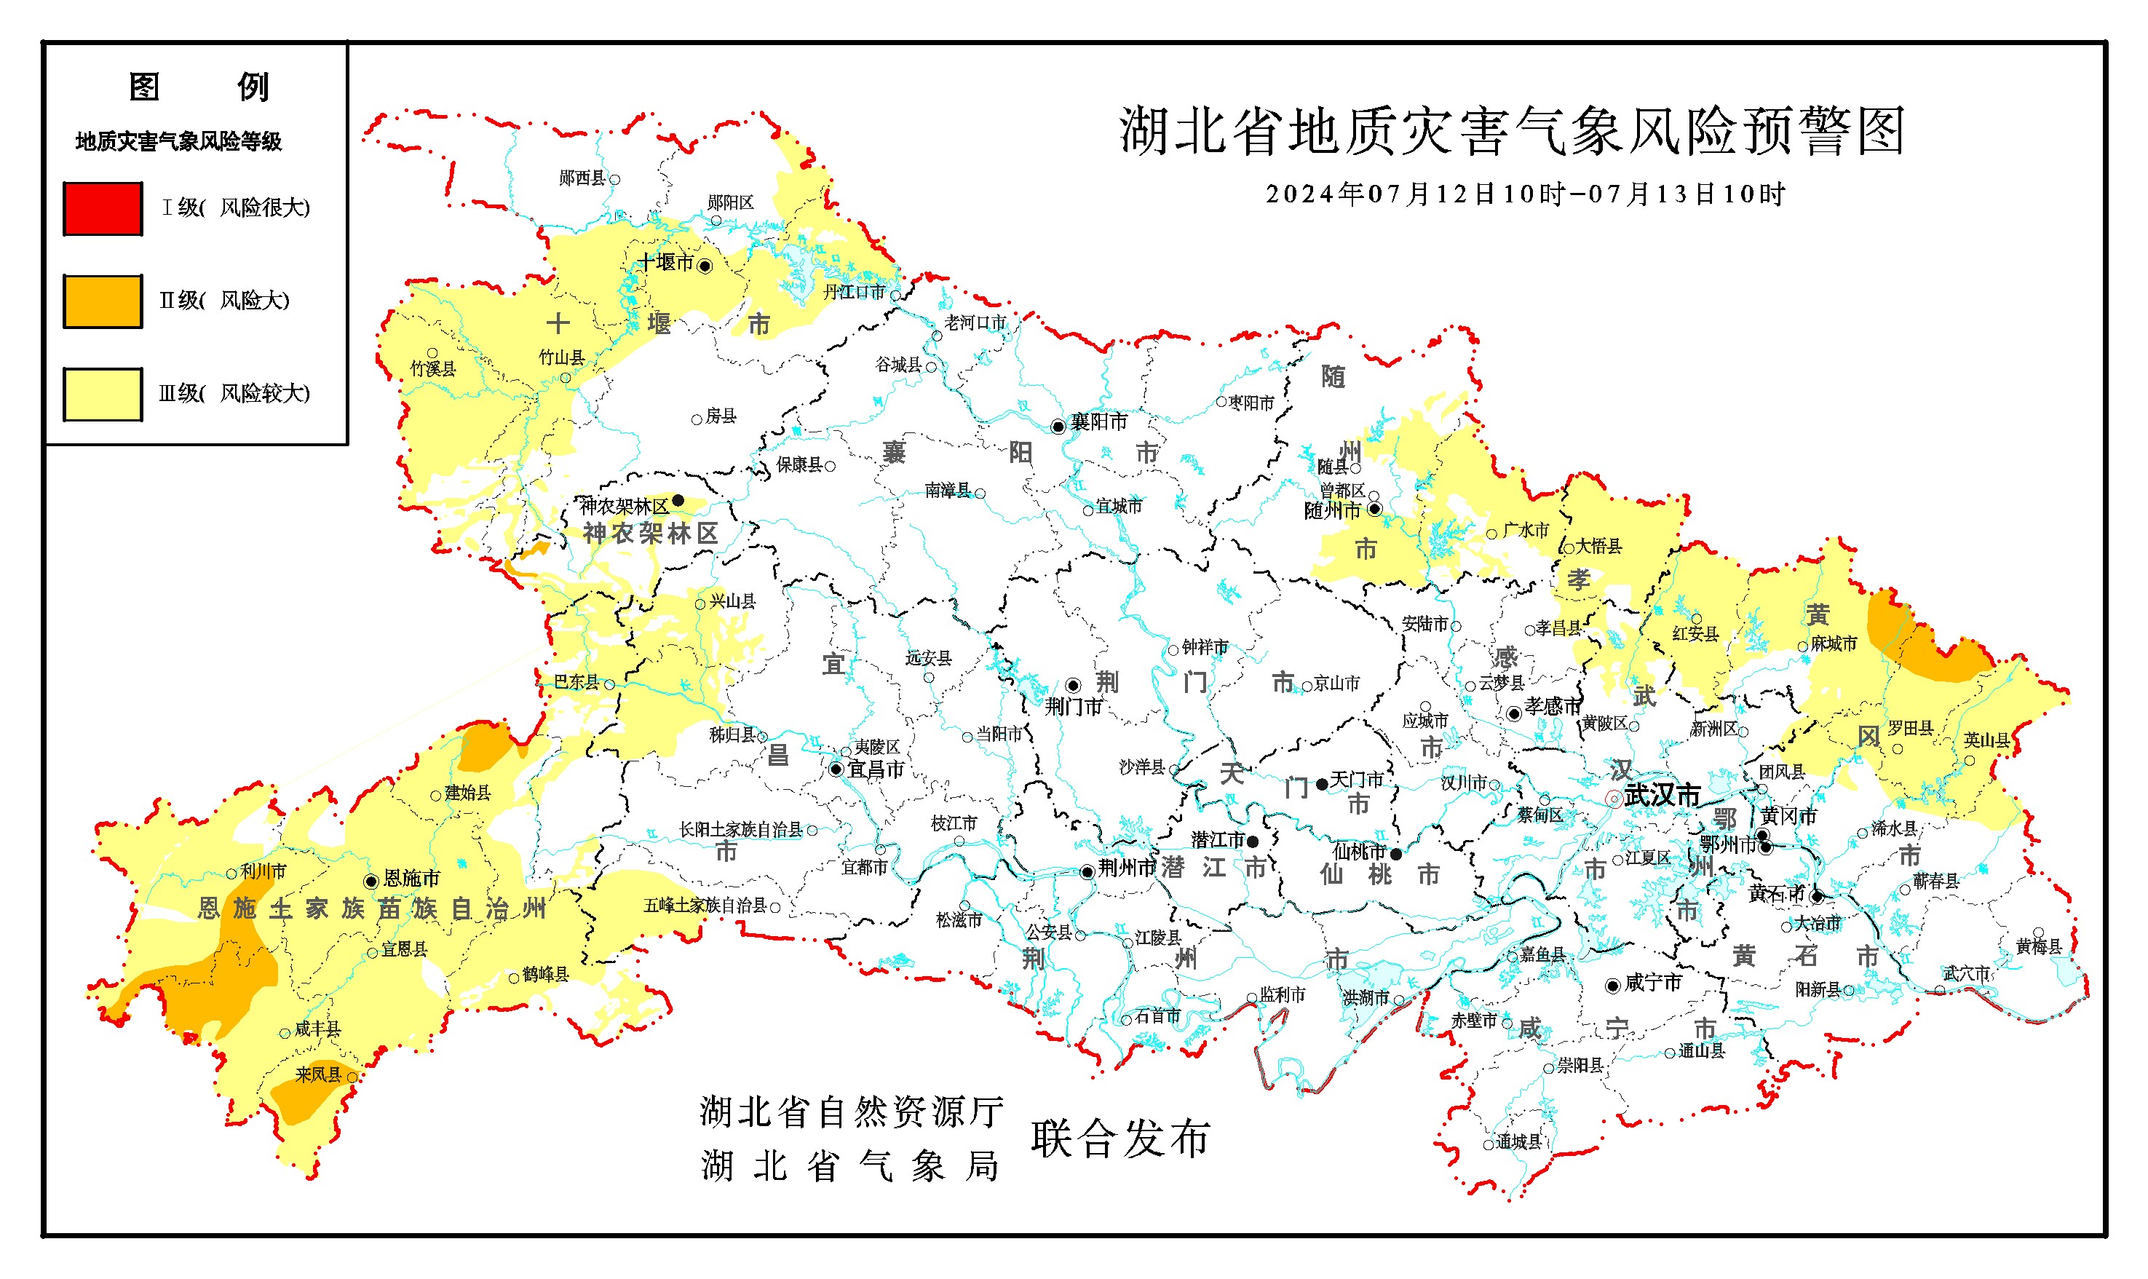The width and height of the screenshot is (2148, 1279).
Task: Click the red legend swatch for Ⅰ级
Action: (x=103, y=209)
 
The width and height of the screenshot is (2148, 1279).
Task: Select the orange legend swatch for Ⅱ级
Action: (x=103, y=301)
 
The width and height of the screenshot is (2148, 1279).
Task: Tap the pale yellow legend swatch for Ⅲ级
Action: (x=103, y=395)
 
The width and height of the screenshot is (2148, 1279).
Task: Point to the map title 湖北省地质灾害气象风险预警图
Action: (x=1511, y=132)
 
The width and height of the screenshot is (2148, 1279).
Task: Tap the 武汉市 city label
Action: (x=1661, y=795)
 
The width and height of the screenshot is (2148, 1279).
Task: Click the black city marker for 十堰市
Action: (x=704, y=266)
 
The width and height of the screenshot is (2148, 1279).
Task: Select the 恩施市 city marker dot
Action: (x=370, y=881)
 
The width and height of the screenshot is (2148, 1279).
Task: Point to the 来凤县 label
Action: (x=319, y=1074)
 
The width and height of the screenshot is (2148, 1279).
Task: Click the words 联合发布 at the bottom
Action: (x=1120, y=1139)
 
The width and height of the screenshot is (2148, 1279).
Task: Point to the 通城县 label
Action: (x=1518, y=1142)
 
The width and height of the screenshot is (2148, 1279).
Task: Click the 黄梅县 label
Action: (x=2039, y=946)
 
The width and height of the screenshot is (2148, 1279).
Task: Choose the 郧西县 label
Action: (x=582, y=178)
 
